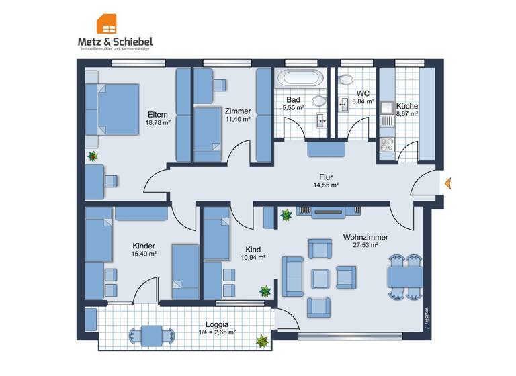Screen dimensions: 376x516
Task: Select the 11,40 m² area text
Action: tap(238, 119)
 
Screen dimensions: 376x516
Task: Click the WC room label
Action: tap(363, 93)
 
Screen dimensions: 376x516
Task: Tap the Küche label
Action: tap(406, 106)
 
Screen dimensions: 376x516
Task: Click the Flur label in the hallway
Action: tap(326, 177)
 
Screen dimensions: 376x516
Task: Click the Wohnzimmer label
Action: tap(365, 237)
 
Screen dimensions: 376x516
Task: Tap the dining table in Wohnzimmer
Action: tap(404, 276)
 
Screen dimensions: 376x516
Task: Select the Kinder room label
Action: tap(144, 246)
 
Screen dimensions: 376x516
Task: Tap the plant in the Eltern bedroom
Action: tap(93, 156)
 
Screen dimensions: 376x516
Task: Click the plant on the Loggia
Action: tap(261, 341)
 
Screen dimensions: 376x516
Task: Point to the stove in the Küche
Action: tap(388, 143)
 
